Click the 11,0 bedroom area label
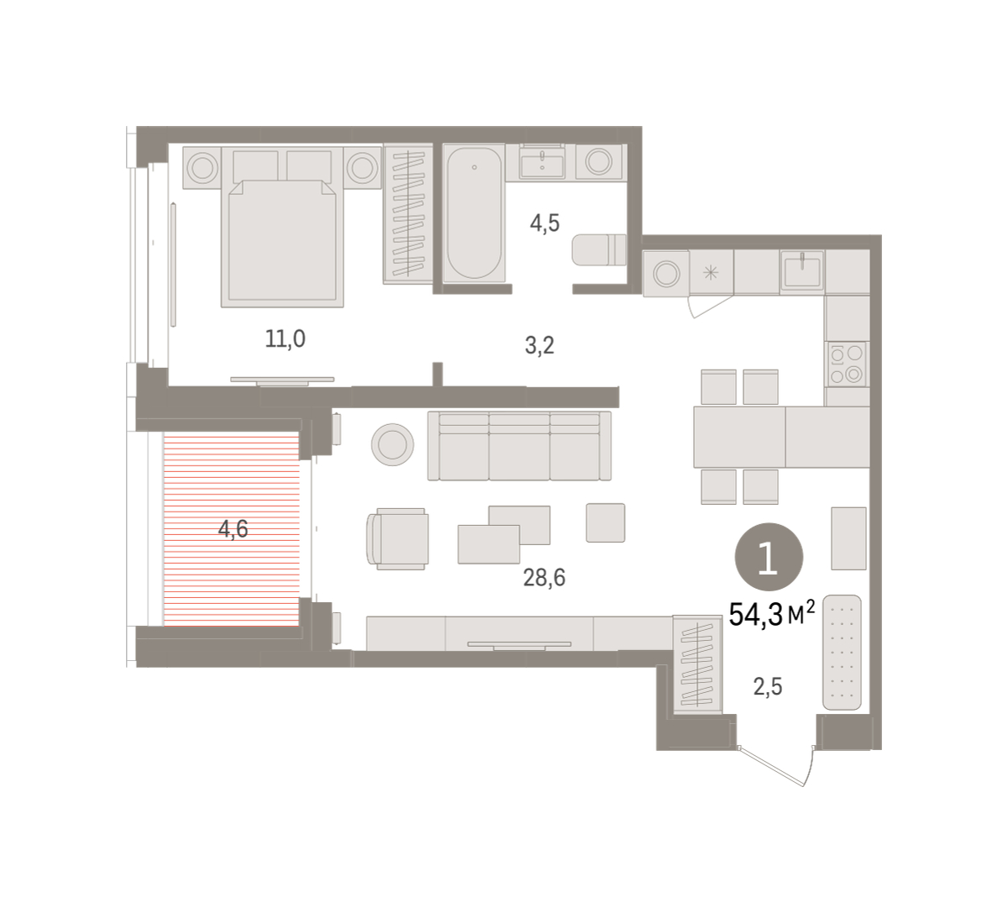[x=285, y=339]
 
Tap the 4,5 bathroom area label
[x=544, y=223]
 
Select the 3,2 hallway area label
[x=539, y=346]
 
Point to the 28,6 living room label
[x=544, y=578]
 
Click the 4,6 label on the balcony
[x=234, y=529]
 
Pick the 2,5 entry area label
[x=768, y=686]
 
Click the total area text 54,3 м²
[x=771, y=614]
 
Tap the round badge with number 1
[x=769, y=557]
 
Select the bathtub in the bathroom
[x=474, y=213]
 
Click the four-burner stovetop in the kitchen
[x=848, y=365]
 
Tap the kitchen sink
[x=802, y=270]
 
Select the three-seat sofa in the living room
[x=519, y=446]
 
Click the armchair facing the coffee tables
[x=398, y=538]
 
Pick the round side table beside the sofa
[x=392, y=444]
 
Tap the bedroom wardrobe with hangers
[x=408, y=214]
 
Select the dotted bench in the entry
[x=842, y=653]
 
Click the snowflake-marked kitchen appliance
[x=711, y=273]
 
